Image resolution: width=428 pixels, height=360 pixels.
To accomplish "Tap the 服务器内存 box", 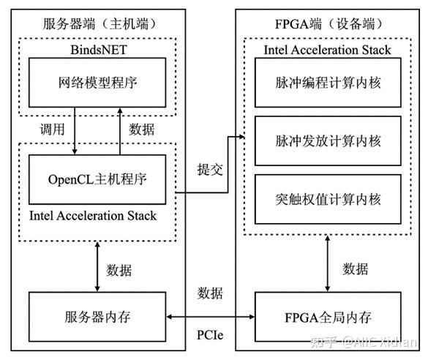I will [97, 318].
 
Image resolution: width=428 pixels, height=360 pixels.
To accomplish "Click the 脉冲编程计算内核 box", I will [328, 83].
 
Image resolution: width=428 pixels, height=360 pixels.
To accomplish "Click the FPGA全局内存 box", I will [328, 318].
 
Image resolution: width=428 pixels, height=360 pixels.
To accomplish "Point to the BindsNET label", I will [97, 50].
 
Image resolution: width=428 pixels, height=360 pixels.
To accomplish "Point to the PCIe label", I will [210, 335].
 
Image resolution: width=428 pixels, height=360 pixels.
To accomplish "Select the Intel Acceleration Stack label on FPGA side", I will [327, 50].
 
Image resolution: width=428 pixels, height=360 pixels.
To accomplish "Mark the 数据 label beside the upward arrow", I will [141, 129].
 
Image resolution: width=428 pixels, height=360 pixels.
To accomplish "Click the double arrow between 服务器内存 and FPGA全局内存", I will [210, 318].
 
